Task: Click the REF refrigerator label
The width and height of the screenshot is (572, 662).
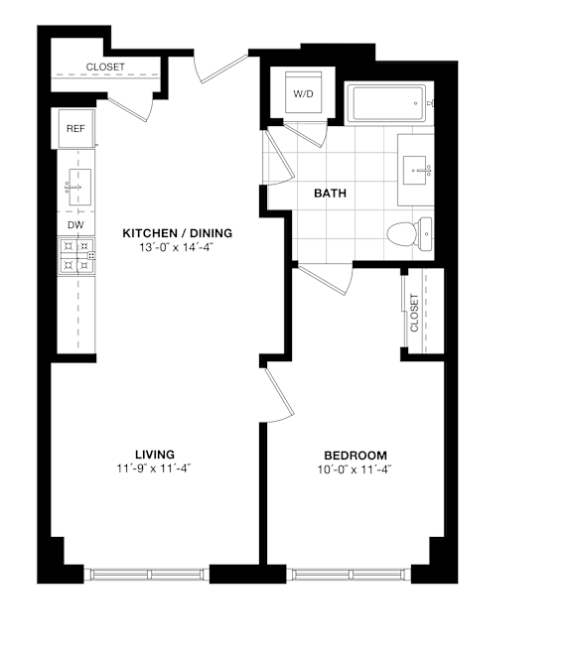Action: click(75, 128)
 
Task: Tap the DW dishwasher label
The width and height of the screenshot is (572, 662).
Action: click(75, 225)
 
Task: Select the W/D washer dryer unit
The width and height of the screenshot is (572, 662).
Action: click(303, 93)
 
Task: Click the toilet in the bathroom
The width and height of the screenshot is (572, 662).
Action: click(409, 233)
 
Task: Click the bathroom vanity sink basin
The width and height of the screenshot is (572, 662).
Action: click(414, 170)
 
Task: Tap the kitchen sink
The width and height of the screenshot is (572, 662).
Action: click(79, 187)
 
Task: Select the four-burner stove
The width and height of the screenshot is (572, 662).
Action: click(76, 256)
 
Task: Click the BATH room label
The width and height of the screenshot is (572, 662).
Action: click(330, 194)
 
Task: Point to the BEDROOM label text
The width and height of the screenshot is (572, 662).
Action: click(356, 456)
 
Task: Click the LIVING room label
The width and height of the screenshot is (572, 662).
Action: click(155, 455)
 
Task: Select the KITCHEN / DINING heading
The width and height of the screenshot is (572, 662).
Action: click(177, 233)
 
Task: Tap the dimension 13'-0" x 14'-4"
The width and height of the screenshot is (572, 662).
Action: click(176, 247)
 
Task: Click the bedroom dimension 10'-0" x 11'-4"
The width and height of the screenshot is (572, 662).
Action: click(355, 469)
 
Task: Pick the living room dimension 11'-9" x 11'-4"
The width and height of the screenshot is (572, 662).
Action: click(154, 468)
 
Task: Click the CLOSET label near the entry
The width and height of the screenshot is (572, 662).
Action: click(105, 67)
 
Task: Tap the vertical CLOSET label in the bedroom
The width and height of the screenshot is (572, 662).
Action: click(414, 313)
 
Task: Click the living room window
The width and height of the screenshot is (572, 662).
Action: click(147, 575)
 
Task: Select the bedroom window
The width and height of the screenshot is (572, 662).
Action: click(349, 575)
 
